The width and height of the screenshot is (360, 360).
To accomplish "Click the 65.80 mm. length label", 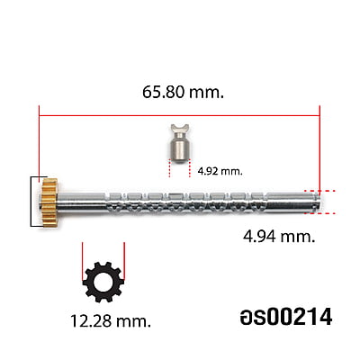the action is pos(183,92).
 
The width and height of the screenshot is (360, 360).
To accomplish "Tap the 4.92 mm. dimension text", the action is pos(220,172).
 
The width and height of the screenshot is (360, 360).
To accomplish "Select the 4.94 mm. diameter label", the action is pos(279,237).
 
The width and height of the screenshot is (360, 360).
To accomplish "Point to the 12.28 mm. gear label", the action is pos(111,321).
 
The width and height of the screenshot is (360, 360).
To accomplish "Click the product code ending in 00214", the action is pos(286,317).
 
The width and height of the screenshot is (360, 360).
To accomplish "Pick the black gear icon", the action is pos(103,282).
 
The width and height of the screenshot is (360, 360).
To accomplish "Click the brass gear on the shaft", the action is pos(49,202).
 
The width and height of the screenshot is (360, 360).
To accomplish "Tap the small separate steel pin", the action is pos(179,144).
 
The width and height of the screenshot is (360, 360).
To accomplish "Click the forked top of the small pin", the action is pos(180,129).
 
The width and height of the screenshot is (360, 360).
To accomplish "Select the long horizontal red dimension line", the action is pos(179,115).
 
